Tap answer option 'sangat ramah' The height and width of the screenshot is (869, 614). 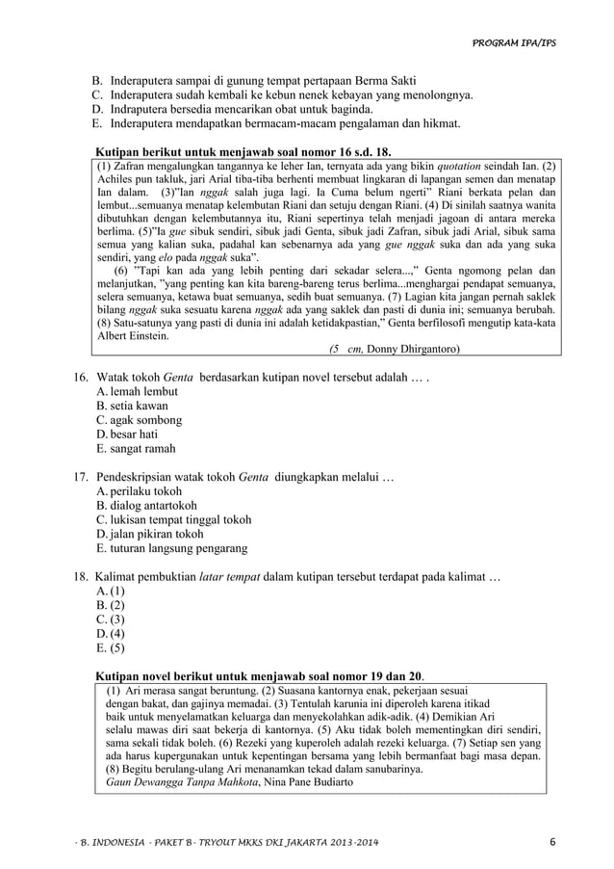coord(143,449)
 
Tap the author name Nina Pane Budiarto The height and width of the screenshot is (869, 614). coord(308,781)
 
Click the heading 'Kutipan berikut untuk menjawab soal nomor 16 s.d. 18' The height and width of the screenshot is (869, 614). coord(245,151)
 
